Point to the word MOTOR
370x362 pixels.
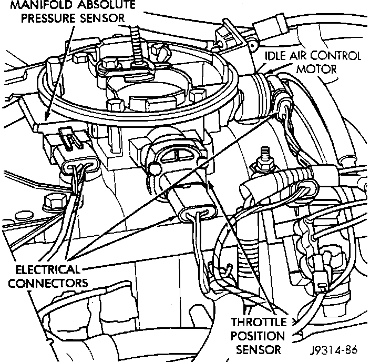(x=316, y=69)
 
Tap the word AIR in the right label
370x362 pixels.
(x=302, y=56)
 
